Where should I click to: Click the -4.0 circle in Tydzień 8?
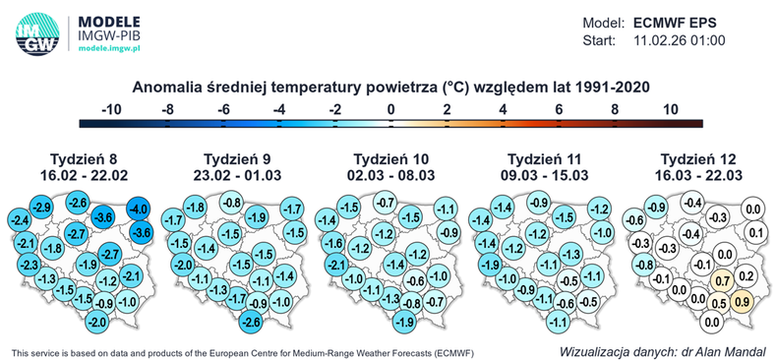(x=140, y=209)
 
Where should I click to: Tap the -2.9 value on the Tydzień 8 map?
(x=41, y=208)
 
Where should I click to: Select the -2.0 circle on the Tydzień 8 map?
(x=96, y=322)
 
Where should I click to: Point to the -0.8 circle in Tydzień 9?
(x=232, y=204)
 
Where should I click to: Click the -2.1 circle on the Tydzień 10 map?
(x=335, y=265)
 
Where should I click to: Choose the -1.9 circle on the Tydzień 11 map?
(x=488, y=265)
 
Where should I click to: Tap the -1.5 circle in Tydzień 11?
(x=565, y=216)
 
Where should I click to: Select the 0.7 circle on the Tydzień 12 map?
(x=720, y=282)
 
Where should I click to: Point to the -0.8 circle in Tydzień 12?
(x=641, y=265)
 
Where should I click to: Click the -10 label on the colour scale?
(x=111, y=108)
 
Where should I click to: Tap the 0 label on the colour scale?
(x=390, y=108)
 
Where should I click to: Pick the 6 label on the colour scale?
(x=560, y=108)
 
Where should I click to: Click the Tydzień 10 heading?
(x=390, y=157)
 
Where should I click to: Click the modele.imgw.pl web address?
(x=109, y=46)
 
